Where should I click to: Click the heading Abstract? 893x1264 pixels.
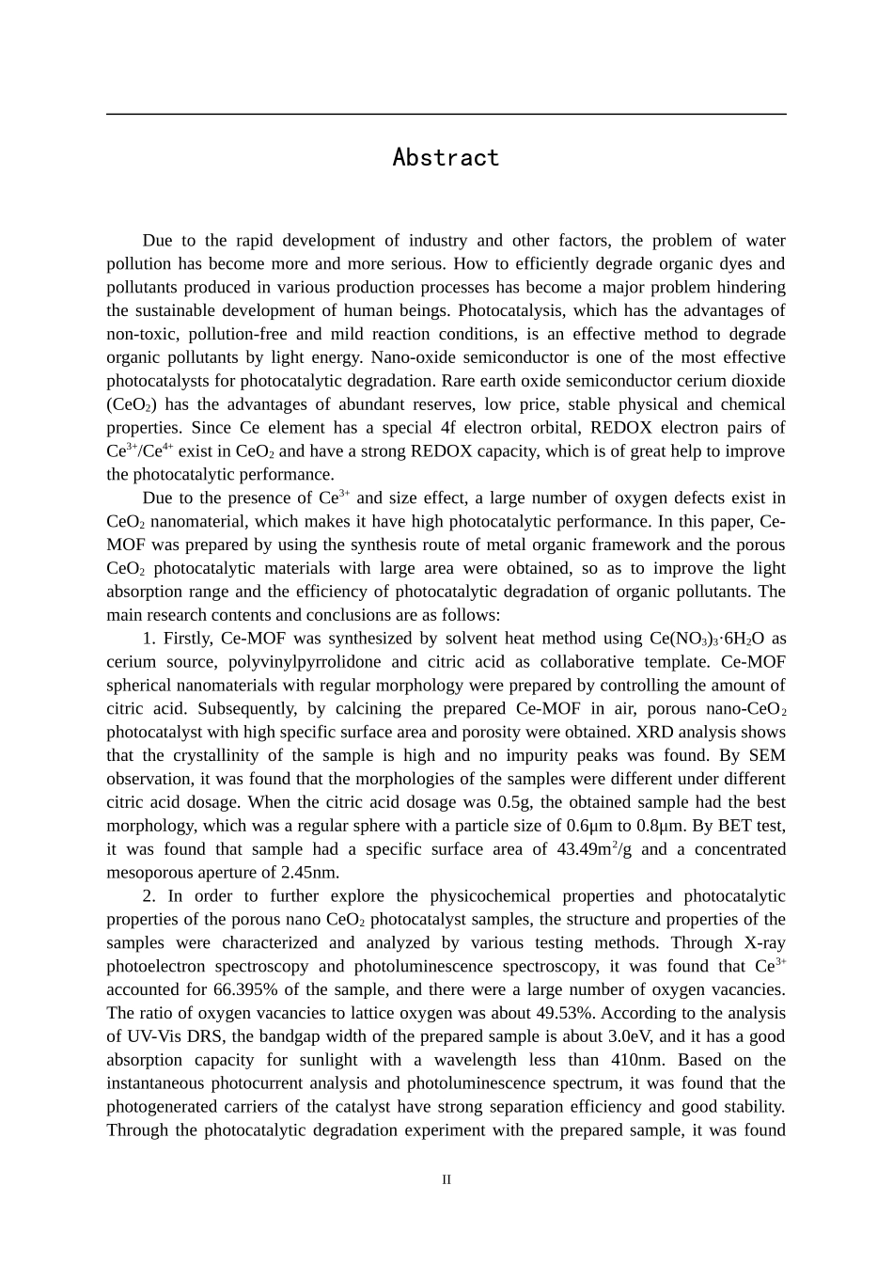point(446,157)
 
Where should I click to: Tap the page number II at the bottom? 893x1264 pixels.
point(446,1179)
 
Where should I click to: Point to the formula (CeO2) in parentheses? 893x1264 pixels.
point(132,404)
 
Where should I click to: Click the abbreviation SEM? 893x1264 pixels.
point(766,755)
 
